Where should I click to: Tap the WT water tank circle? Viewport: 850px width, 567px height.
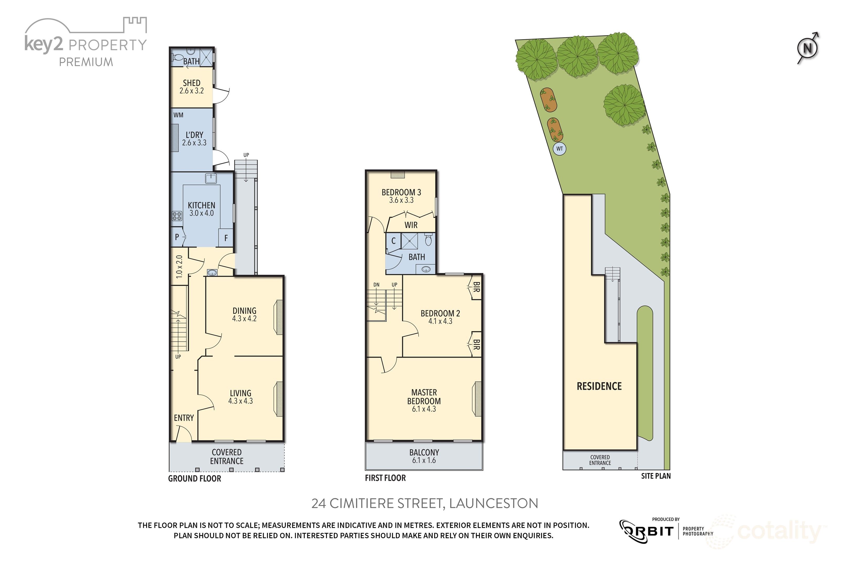[559, 149]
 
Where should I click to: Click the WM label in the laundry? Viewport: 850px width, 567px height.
[178, 115]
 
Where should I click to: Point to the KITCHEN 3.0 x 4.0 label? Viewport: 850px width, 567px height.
[201, 209]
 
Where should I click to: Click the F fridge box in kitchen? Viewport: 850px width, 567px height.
[226, 238]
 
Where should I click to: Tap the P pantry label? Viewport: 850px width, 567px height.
[177, 237]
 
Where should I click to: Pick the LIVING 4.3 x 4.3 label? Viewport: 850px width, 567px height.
[240, 397]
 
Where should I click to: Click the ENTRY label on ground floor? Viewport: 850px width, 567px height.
[184, 418]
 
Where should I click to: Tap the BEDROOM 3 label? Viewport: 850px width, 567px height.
[401, 192]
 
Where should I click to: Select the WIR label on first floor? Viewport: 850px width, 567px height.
[411, 225]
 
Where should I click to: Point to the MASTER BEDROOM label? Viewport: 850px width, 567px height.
[424, 397]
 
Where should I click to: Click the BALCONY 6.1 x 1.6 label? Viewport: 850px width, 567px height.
[424, 456]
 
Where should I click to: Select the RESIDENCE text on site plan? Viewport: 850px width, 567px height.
[599, 386]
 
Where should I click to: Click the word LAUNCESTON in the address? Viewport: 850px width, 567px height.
[493, 503]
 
